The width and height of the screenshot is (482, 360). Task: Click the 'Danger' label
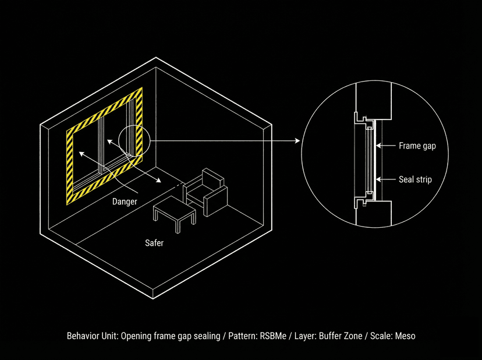tap(125, 202)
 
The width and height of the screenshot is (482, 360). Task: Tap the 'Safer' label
tap(154, 243)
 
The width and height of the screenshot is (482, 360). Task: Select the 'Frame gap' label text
tap(417, 146)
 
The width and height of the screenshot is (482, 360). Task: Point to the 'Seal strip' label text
tap(415, 179)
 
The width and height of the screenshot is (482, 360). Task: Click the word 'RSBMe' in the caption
tap(274, 336)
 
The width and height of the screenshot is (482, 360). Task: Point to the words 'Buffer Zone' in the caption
tap(346, 336)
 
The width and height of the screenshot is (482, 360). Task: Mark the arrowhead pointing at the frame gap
tap(378, 146)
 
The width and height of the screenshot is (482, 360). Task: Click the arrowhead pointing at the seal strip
tap(378, 179)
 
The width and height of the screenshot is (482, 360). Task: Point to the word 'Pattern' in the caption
tap(244, 336)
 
